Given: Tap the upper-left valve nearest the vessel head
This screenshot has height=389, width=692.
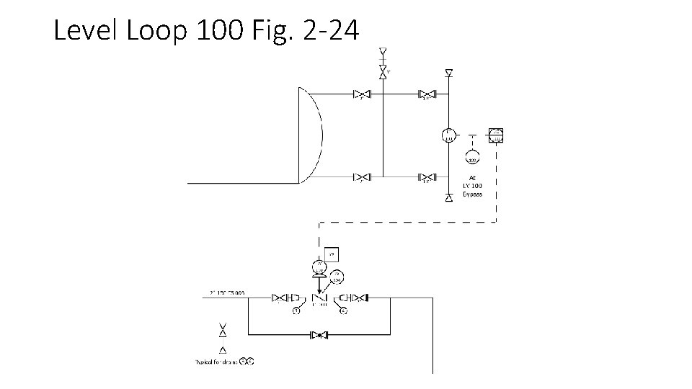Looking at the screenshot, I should click(361, 94).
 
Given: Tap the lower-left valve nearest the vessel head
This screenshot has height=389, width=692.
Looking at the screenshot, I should click(361, 176).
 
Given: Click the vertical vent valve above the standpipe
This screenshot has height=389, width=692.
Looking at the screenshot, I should click(383, 71).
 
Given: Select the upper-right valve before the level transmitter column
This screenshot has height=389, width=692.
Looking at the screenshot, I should click(427, 94).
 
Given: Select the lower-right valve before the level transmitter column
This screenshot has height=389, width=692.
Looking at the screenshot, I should click(427, 176).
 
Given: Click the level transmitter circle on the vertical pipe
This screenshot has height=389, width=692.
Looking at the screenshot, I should click(448, 134).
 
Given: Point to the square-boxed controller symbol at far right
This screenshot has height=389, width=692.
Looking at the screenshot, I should click(495, 135).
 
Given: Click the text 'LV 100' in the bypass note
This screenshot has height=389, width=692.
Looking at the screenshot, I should click(472, 186).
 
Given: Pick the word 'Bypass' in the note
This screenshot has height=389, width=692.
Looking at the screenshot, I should click(472, 194).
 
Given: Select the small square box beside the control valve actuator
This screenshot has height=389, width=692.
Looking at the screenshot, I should click(332, 254).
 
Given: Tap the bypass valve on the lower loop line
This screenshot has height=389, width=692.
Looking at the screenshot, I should click(319, 335).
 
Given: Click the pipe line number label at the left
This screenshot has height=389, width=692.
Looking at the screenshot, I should click(228, 293).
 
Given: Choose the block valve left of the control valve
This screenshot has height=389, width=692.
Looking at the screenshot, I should click(280, 298).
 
